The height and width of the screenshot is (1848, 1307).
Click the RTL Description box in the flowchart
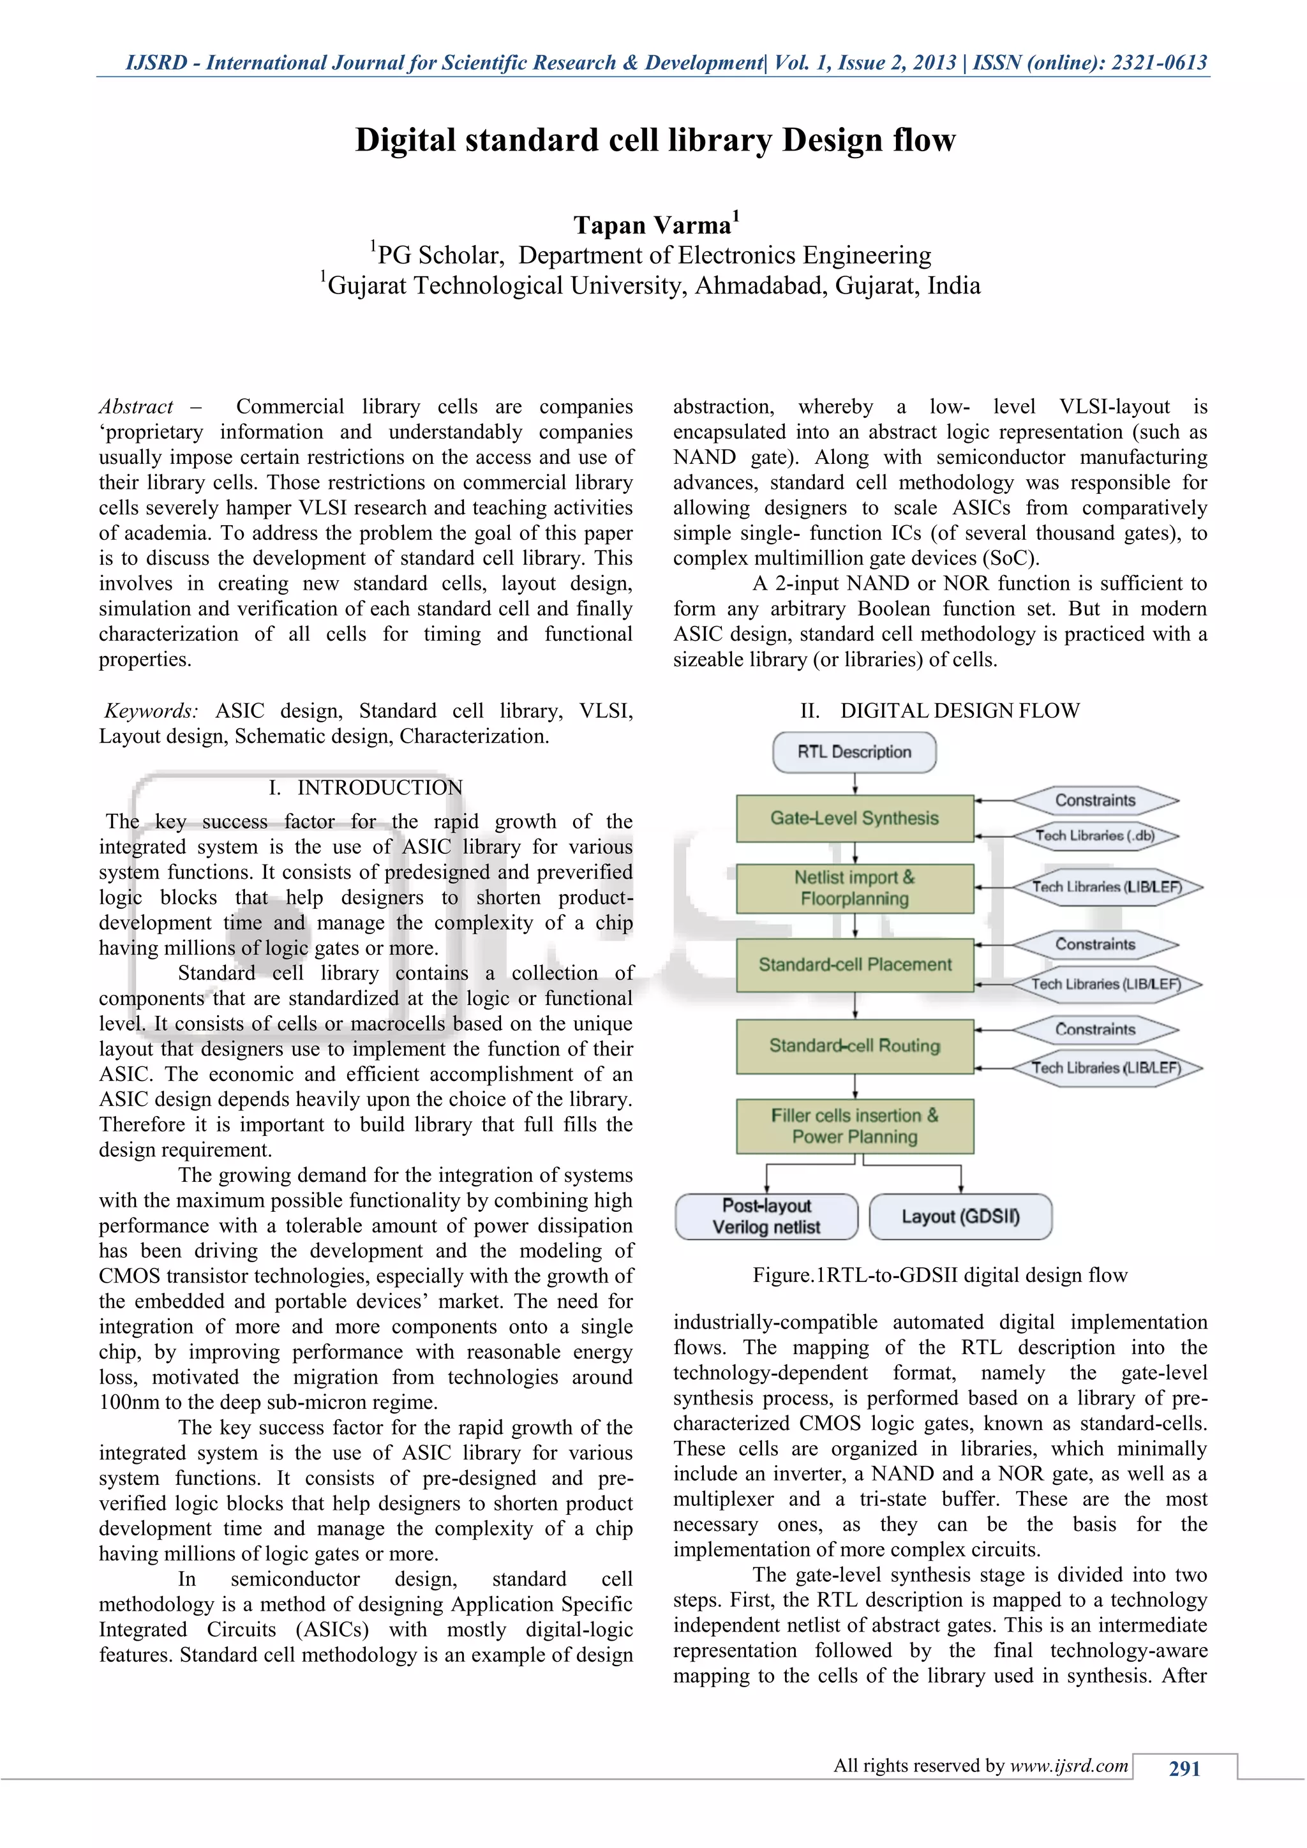(x=854, y=752)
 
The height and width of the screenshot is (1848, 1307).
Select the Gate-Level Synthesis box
(x=854, y=819)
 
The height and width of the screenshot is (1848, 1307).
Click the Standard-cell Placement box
(x=854, y=964)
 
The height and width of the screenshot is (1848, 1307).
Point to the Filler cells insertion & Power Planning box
(x=854, y=1126)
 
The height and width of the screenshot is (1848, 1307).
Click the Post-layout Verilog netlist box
(x=766, y=1216)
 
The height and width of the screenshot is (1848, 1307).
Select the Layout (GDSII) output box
(x=960, y=1216)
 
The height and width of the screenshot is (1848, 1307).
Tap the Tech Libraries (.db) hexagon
(x=1094, y=835)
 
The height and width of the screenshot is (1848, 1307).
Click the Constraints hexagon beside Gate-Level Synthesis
(x=1094, y=800)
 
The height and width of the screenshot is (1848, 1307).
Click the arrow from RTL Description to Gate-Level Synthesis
(x=855, y=783)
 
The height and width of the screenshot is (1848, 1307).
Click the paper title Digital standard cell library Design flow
(x=655, y=140)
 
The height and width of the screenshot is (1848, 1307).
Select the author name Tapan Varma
(x=652, y=225)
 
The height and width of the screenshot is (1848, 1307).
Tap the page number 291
(x=1184, y=1768)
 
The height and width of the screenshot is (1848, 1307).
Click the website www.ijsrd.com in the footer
(x=1069, y=1766)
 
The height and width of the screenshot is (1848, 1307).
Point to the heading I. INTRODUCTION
(x=366, y=787)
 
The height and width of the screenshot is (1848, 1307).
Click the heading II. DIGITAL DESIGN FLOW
(x=939, y=711)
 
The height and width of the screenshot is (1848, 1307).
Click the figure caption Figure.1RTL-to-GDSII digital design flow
(x=939, y=1275)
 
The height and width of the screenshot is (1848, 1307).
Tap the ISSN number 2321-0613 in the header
(x=1159, y=63)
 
